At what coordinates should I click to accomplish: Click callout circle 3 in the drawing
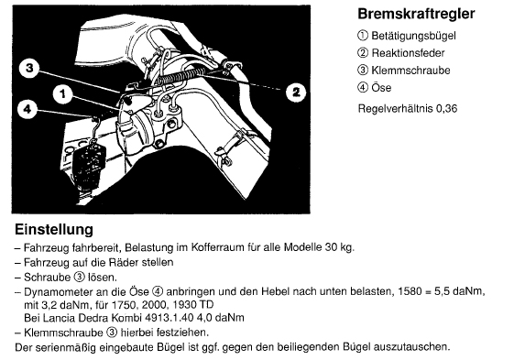point(29,69)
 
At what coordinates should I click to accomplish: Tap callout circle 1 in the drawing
point(63,94)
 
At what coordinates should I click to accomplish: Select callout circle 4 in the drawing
point(27,109)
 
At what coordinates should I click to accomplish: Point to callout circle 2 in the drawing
point(296,93)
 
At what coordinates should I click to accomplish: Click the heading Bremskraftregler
point(416,14)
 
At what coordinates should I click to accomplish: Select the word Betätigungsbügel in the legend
point(413,36)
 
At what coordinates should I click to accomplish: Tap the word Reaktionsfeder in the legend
point(408,53)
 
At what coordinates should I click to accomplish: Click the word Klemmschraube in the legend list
point(410,71)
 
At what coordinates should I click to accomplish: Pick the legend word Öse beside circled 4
point(381,88)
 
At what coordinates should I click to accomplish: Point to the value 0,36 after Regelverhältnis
point(446,108)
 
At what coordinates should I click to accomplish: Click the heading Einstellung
point(54,229)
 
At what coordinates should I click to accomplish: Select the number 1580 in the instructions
point(410,291)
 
